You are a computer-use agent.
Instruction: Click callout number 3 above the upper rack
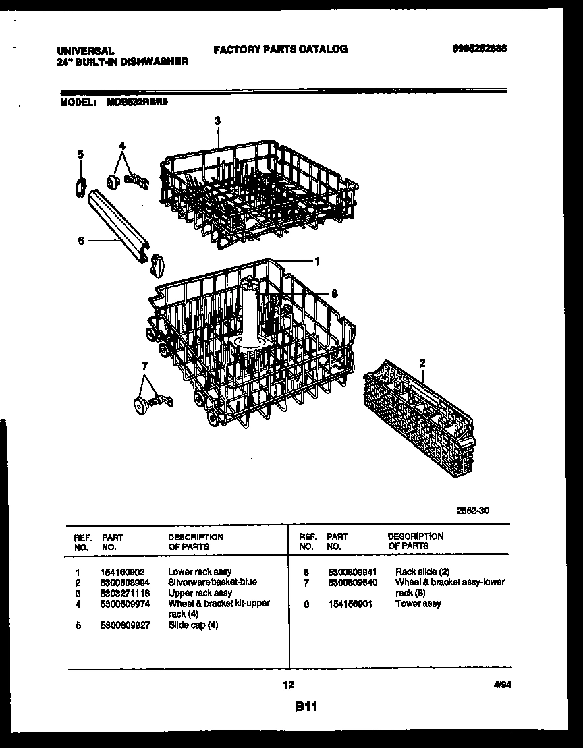(x=217, y=121)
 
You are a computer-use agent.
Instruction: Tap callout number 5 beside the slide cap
(x=80, y=154)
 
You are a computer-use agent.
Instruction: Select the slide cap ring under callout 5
(x=80, y=184)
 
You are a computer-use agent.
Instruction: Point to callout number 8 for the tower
(x=333, y=293)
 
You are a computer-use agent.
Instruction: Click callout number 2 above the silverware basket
(x=422, y=363)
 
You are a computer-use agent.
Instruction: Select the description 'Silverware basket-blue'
(x=212, y=582)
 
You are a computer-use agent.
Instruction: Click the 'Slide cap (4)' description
(x=193, y=625)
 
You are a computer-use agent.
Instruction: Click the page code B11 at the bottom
(x=306, y=708)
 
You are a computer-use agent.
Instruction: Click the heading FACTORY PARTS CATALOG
(x=280, y=49)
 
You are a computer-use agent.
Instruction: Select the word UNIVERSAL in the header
(x=84, y=51)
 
